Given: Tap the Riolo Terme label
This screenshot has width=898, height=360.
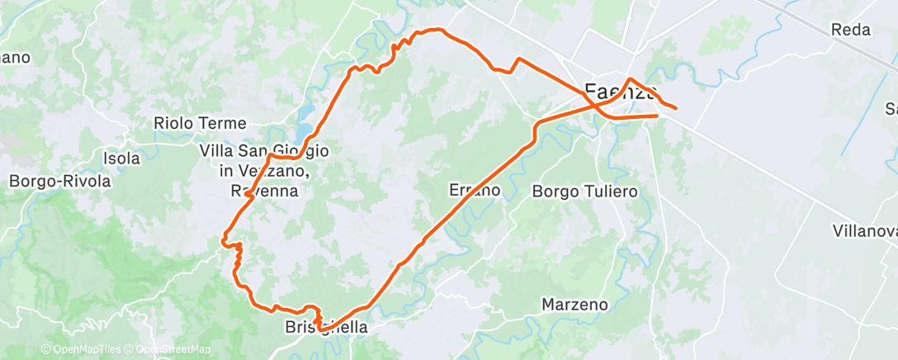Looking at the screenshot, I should (x=200, y=123).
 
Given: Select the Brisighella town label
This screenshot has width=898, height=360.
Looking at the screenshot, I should (x=325, y=327).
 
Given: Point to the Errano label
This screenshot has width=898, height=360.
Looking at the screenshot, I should (x=475, y=190).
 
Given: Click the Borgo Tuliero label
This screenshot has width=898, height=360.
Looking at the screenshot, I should (x=585, y=192).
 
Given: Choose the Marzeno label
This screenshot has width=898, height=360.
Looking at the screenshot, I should (x=574, y=305).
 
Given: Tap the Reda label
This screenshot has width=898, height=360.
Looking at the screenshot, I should (x=851, y=31).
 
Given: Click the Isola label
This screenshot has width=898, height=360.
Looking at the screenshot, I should (x=121, y=158).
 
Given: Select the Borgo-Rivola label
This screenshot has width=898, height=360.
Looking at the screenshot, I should (x=59, y=180).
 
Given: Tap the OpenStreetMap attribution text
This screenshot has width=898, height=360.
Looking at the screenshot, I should (x=173, y=349).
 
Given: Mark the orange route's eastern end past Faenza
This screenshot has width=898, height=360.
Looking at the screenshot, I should (x=676, y=108).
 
